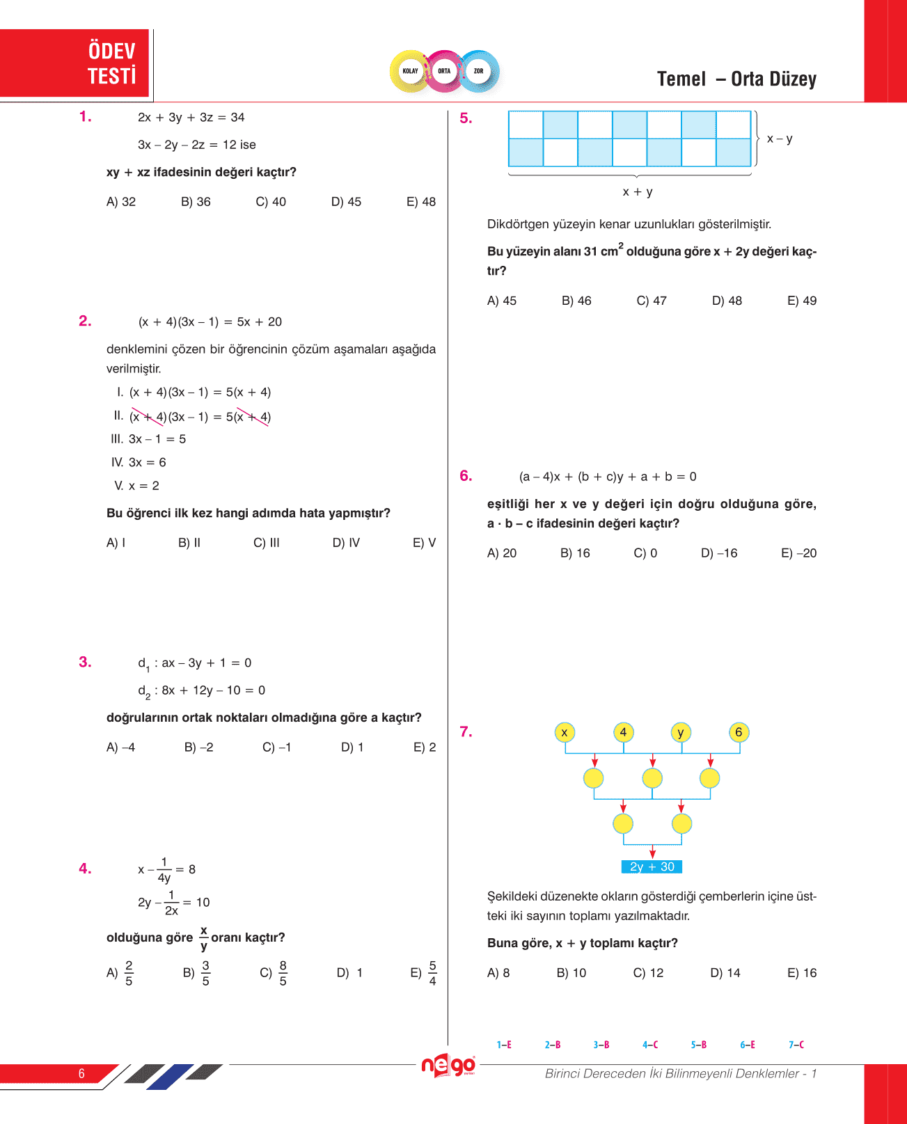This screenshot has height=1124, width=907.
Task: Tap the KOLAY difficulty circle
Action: tap(410, 71)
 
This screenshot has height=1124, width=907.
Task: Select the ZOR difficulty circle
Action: tap(479, 71)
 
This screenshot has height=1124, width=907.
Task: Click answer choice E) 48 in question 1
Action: tap(421, 202)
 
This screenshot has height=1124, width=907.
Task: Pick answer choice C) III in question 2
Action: tap(267, 543)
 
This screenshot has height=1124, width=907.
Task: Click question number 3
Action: tap(85, 662)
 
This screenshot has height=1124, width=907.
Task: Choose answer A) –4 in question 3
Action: tap(120, 747)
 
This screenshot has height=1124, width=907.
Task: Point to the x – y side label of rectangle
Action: tap(780, 138)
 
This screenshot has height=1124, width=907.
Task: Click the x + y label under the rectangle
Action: tap(638, 191)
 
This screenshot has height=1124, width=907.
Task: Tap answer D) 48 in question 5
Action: tap(727, 301)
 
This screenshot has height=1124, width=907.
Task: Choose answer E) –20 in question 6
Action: tap(798, 553)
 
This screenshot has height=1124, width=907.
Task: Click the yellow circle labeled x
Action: tap(565, 732)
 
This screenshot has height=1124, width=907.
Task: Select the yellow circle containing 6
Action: tap(739, 732)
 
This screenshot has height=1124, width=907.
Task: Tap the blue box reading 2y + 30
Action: tap(652, 866)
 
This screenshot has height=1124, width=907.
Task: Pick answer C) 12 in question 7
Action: tap(648, 973)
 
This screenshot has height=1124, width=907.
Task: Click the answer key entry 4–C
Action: tap(650, 1045)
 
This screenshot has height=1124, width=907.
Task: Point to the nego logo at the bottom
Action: tap(448, 1066)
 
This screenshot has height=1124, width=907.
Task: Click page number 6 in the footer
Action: tap(81, 1073)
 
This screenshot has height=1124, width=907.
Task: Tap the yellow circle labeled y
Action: tap(681, 732)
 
